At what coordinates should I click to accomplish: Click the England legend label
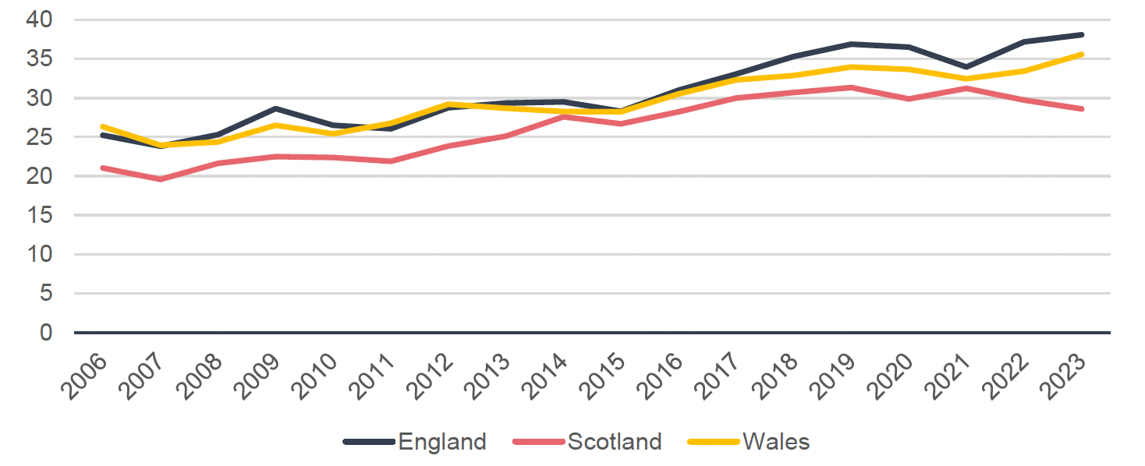(x=442, y=442)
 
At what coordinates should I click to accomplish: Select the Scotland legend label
(x=615, y=442)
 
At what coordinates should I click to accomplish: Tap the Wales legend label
(x=776, y=442)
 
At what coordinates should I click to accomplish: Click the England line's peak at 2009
(x=275, y=108)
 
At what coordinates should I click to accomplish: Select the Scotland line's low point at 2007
(x=160, y=179)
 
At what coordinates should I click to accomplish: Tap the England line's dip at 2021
(x=967, y=67)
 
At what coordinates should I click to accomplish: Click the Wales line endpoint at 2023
(x=1082, y=55)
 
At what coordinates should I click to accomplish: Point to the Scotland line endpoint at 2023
(x=1082, y=109)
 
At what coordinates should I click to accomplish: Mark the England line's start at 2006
(x=102, y=135)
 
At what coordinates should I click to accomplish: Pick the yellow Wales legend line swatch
(x=713, y=442)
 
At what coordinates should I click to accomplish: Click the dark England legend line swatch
(x=368, y=442)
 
